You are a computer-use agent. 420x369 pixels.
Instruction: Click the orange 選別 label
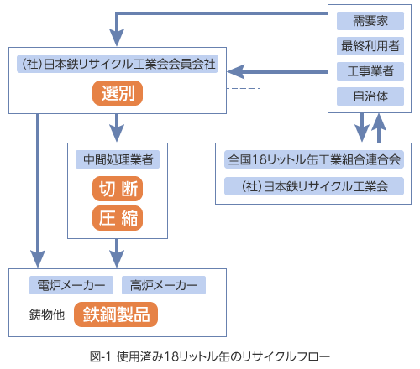coord(118,93)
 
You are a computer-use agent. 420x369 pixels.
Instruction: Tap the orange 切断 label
coord(118,189)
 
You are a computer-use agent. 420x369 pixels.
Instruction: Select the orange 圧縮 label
coord(118,218)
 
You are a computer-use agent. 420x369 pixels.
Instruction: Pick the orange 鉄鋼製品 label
coord(116,314)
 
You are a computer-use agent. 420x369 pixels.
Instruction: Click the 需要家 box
coord(370,21)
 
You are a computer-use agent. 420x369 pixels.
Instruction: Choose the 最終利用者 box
coord(370,46)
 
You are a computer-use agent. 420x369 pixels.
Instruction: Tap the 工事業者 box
coord(370,71)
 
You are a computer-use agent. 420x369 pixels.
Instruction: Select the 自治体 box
coord(370,96)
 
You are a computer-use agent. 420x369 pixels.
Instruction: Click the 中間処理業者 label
coord(118,159)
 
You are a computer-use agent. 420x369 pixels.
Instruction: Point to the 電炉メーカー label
coord(71,285)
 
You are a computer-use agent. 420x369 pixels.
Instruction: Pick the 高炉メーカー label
coord(164,285)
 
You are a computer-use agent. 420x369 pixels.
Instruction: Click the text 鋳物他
coord(47,314)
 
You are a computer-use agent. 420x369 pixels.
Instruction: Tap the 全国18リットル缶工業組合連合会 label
coord(314,159)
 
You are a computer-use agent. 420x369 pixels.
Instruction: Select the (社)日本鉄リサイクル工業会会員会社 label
coord(118,64)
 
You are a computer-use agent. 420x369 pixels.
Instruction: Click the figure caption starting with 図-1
coord(210,356)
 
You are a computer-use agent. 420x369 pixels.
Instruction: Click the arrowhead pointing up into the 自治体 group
coord(379,122)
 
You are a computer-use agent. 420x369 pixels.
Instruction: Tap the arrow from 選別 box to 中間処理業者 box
coord(117,127)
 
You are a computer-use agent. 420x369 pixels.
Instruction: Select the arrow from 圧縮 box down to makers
coord(117,253)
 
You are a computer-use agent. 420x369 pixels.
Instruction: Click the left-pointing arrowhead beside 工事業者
coord(236,72)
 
